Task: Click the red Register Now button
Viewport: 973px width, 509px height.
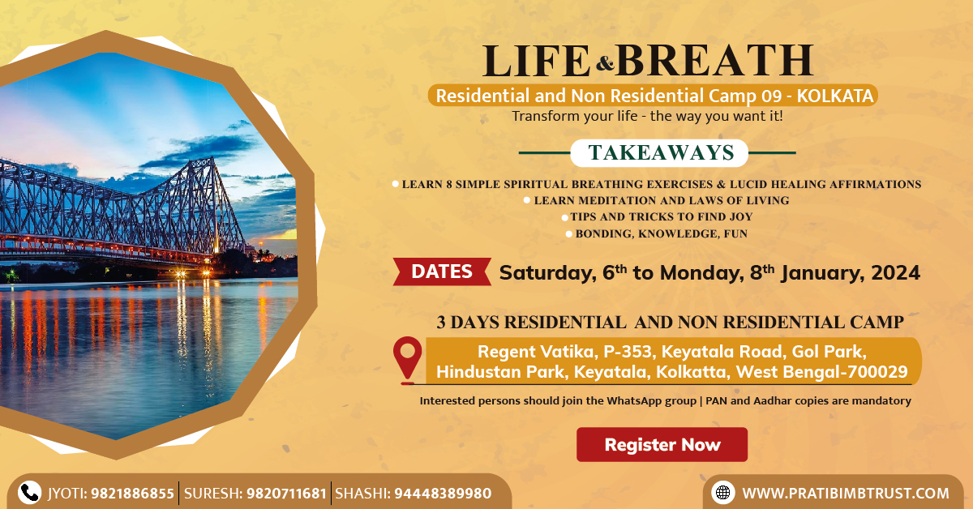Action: (662, 444)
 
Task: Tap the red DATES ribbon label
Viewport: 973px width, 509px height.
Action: (442, 272)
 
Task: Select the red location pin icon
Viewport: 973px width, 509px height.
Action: (407, 360)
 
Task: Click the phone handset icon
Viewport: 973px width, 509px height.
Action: (29, 493)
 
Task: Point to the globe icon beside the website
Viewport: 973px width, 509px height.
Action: (722, 493)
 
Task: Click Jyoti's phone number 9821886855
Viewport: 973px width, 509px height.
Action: (132, 494)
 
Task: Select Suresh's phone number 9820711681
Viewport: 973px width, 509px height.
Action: (287, 494)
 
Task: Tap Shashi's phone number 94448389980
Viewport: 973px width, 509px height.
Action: (443, 494)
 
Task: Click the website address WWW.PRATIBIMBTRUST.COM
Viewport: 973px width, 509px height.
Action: (846, 494)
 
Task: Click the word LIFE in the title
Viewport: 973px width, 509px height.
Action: (537, 61)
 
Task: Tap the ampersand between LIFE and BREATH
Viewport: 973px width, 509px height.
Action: (605, 63)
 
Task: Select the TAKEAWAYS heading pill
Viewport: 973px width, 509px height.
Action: (659, 153)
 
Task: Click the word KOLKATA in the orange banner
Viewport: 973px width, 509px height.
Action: (835, 96)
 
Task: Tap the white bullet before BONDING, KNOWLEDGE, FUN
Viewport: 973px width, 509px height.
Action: (568, 234)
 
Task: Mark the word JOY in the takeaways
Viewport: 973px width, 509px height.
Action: (742, 216)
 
